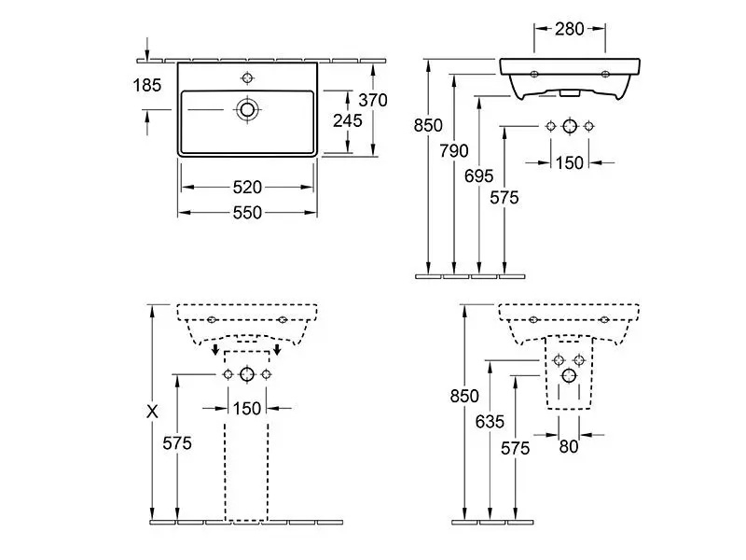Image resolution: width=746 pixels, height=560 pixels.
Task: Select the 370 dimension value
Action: click(x=372, y=99)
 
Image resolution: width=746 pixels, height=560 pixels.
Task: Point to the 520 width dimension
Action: click(x=247, y=187)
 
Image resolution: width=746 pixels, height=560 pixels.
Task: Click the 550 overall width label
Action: click(x=247, y=213)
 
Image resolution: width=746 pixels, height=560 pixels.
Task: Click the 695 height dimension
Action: click(x=478, y=175)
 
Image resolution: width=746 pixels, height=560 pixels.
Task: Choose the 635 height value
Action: click(x=488, y=420)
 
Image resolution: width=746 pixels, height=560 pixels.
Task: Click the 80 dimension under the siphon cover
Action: click(x=568, y=448)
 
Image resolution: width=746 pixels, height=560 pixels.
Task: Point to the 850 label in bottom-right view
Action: click(x=463, y=396)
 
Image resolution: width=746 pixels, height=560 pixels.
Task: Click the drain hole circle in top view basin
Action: click(x=247, y=110)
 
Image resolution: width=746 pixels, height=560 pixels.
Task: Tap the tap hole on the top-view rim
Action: click(x=247, y=77)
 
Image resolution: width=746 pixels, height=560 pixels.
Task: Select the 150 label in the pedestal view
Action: click(x=247, y=408)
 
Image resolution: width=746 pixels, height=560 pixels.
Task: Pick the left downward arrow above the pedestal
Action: click(x=216, y=351)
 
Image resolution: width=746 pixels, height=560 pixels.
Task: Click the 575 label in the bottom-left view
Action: click(x=176, y=443)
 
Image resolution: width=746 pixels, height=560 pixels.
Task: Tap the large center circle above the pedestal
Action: click(x=246, y=374)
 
